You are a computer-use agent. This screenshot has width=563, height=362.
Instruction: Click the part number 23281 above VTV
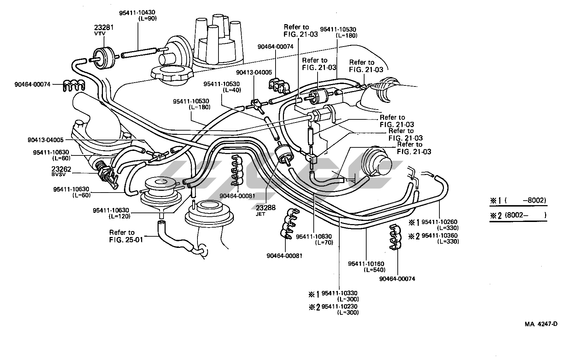pyautogui.click(x=104, y=28)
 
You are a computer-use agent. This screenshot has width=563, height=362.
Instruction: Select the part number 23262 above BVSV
pyautogui.click(x=61, y=169)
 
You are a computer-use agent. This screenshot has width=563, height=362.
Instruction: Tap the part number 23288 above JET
pyautogui.click(x=266, y=208)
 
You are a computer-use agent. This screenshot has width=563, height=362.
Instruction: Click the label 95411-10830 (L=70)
pyautogui.click(x=314, y=239)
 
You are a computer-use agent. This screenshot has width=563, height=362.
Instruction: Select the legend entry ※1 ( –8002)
pyautogui.click(x=518, y=201)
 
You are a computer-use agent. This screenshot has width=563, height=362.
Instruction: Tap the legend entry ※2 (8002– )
pyautogui.click(x=518, y=215)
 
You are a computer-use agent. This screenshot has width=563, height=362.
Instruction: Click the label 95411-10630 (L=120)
pyautogui.click(x=111, y=213)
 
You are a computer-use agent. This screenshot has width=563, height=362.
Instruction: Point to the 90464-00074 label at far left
pyautogui.click(x=33, y=84)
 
